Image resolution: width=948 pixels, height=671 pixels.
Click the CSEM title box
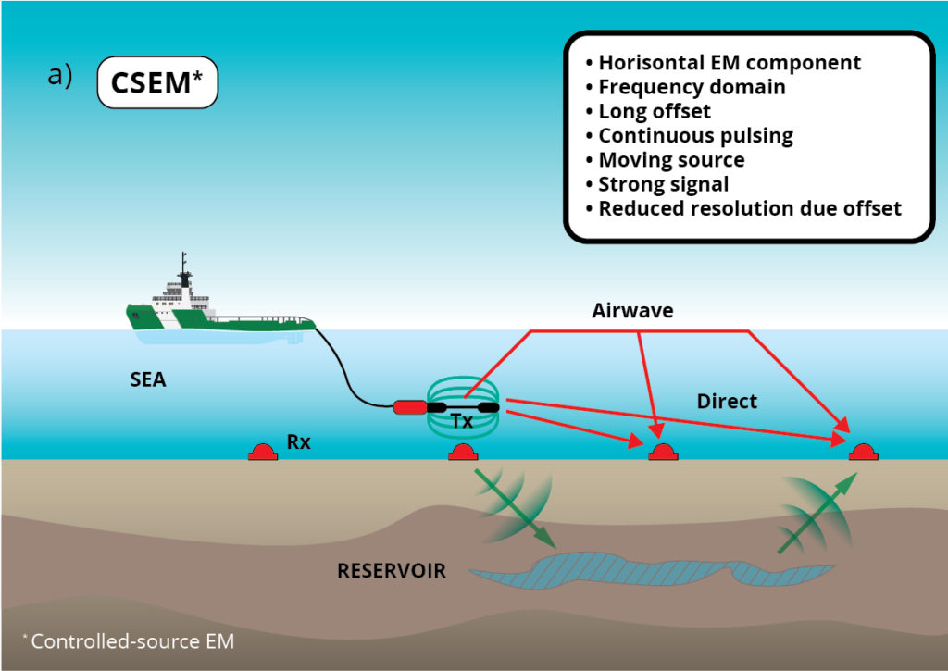(x=157, y=82)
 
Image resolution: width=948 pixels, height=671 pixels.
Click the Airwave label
(x=632, y=311)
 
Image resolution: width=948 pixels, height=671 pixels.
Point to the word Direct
(x=726, y=401)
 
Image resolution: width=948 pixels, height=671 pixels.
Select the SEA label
(x=148, y=379)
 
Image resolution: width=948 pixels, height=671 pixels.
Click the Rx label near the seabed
(x=298, y=441)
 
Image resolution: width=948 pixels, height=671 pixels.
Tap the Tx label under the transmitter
(x=461, y=421)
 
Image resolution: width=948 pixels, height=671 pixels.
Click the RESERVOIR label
(x=392, y=570)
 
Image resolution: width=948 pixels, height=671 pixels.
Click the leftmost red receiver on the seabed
(x=263, y=452)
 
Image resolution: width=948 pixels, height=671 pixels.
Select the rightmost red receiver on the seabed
(x=863, y=452)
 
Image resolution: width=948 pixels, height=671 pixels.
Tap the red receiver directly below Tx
(x=463, y=452)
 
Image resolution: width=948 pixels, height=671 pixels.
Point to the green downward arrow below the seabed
(x=515, y=508)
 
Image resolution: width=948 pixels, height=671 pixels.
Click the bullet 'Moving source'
(x=671, y=159)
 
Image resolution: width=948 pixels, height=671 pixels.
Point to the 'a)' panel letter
(x=60, y=76)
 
